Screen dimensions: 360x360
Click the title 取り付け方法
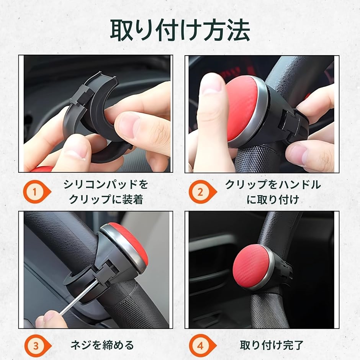[180, 31]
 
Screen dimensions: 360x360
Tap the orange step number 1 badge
[37, 192]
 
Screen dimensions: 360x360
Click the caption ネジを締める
[102, 345]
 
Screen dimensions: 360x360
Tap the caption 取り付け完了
[272, 345]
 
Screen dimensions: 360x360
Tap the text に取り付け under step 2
[273, 199]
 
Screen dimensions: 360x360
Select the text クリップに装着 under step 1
[106, 199]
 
